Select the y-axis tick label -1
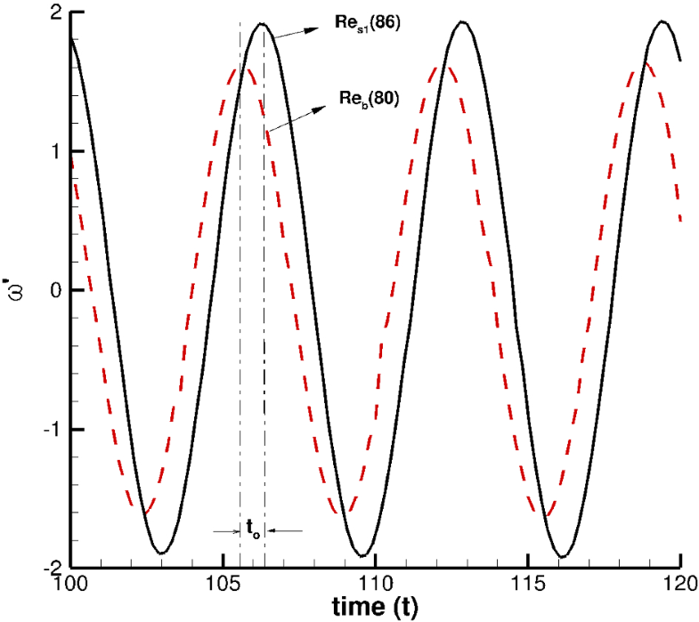[51, 430]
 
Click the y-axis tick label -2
[51, 568]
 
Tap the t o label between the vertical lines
[253, 529]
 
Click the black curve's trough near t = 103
[162, 553]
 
